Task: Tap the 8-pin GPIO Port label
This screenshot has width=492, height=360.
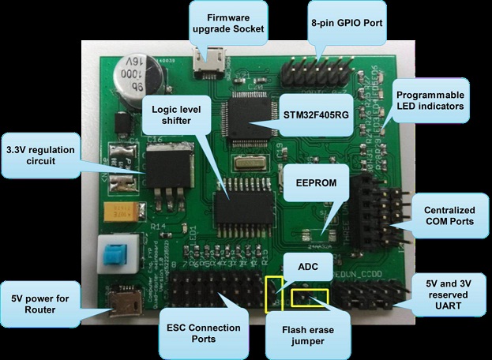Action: [347, 23]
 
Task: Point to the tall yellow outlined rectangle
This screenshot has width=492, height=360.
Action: [275, 293]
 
